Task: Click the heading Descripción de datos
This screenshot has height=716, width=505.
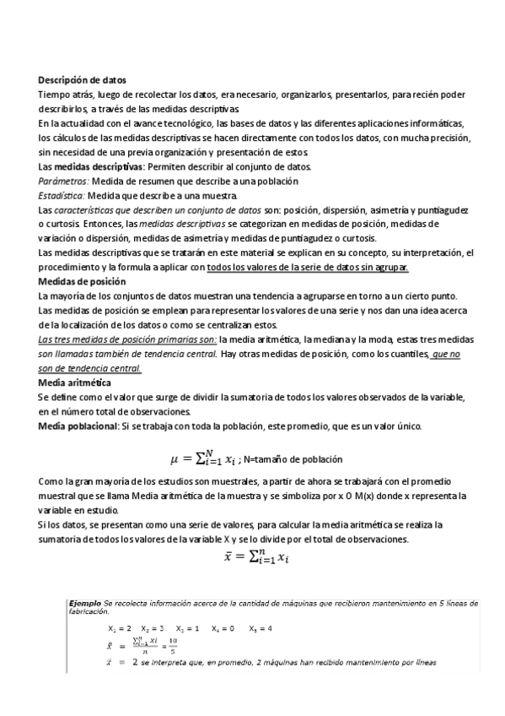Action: click(x=82, y=79)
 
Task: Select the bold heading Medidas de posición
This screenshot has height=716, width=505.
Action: click(x=80, y=280)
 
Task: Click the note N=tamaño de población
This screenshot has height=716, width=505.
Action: click(x=293, y=460)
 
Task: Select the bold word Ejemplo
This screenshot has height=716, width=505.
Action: click(x=84, y=604)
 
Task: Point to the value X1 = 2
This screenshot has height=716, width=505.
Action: click(x=120, y=629)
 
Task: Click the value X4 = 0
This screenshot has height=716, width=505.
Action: click(x=223, y=629)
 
